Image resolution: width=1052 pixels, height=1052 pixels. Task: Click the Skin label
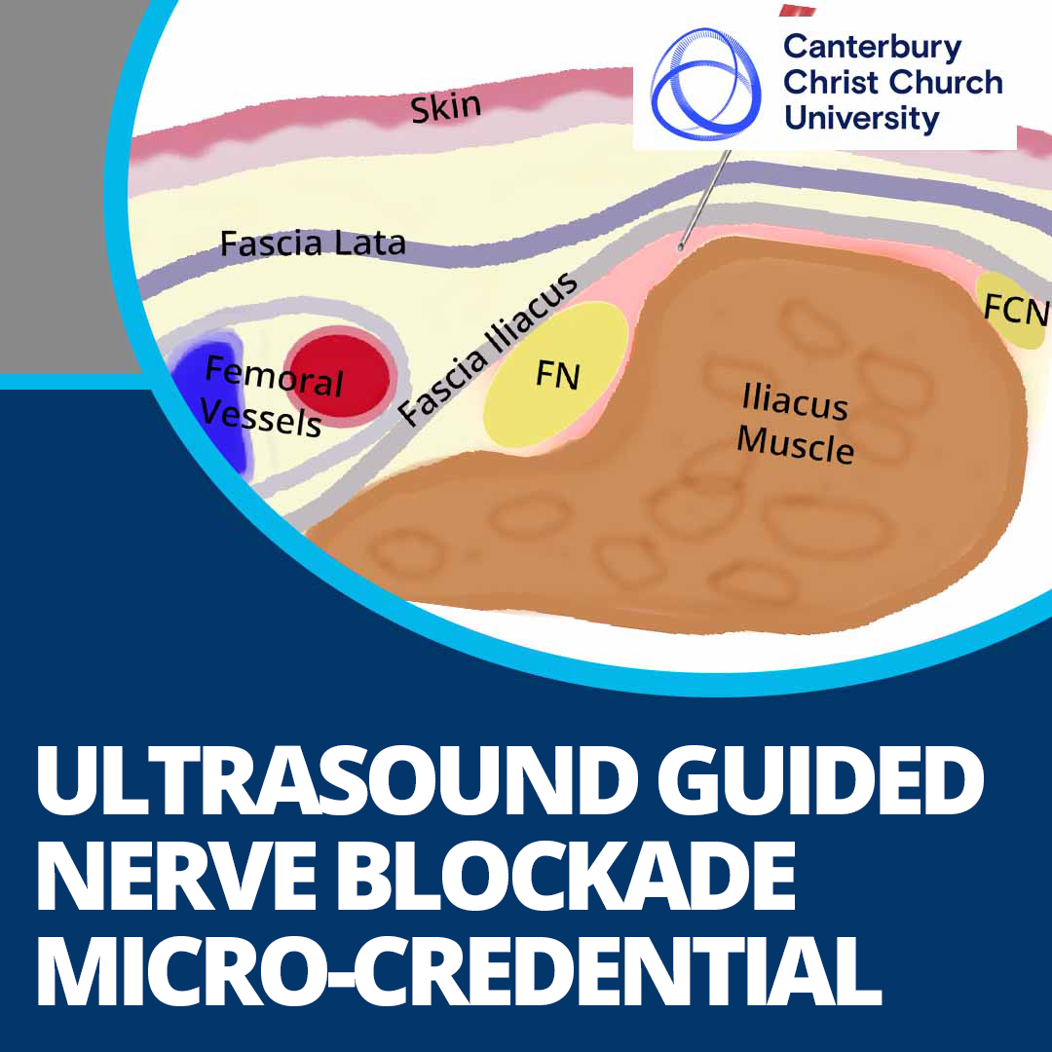coord(446,106)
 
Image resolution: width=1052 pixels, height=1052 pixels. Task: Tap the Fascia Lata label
coord(312,243)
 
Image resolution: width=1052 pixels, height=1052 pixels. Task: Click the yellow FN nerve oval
coord(556,375)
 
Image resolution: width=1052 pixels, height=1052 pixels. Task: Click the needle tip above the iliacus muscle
coord(681,247)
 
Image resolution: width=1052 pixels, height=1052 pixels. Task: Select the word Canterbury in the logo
coord(872,47)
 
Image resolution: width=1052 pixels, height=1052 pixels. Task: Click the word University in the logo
coord(861,118)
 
